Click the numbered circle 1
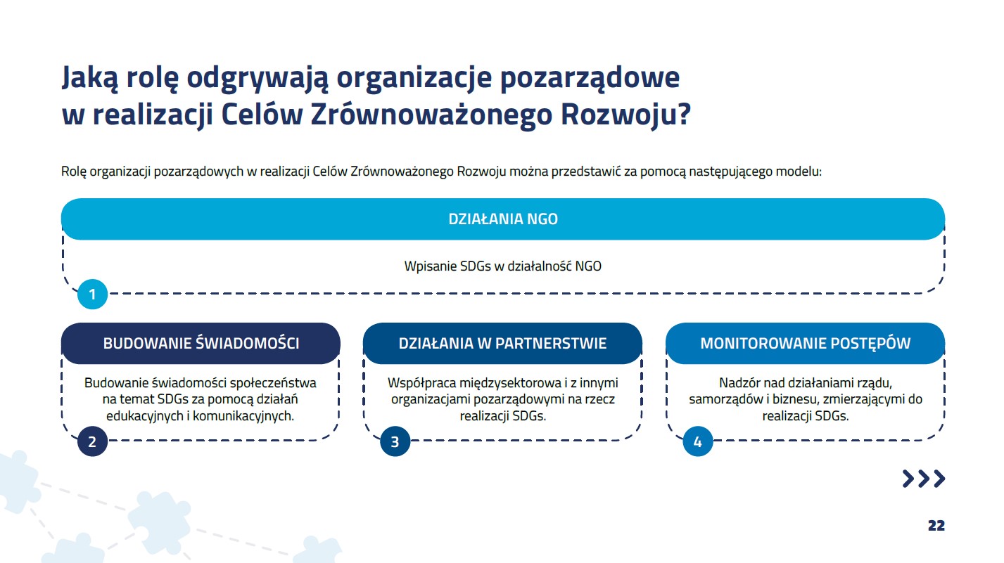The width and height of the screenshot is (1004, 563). click(92, 295)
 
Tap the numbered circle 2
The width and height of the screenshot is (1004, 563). click(92, 441)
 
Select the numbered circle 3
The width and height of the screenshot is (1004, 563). click(395, 441)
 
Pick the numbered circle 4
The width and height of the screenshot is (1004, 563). click(698, 441)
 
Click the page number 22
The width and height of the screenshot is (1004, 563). click(936, 525)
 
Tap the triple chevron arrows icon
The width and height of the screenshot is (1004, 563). click(924, 479)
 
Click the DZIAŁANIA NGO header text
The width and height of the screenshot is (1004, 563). click(503, 219)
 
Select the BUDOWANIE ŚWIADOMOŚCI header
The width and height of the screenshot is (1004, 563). click(201, 343)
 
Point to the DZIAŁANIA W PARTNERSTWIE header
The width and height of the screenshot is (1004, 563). click(502, 343)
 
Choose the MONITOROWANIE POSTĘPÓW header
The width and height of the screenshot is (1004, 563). click(806, 343)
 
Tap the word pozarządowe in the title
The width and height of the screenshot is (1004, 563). click(590, 79)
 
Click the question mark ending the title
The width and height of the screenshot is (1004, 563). click(684, 114)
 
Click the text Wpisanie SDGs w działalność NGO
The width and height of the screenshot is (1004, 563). click(502, 266)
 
